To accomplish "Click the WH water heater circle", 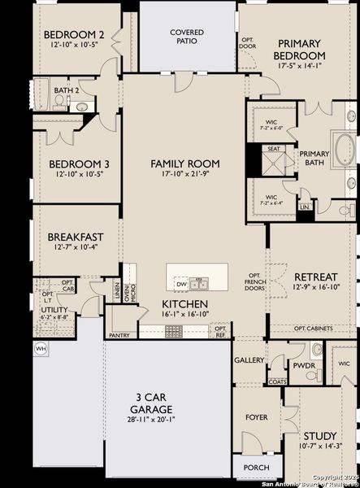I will [x=41, y=348].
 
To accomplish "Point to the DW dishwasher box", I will [x=181, y=284].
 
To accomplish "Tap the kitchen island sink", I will [x=199, y=284].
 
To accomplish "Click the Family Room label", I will [x=185, y=163].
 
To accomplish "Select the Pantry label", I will [x=119, y=334].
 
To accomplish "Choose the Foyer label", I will [x=256, y=417].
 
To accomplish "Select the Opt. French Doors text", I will [x=255, y=281].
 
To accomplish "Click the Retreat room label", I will [x=316, y=277].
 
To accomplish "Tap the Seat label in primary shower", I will [x=274, y=149].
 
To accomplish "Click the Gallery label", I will [x=249, y=359].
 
